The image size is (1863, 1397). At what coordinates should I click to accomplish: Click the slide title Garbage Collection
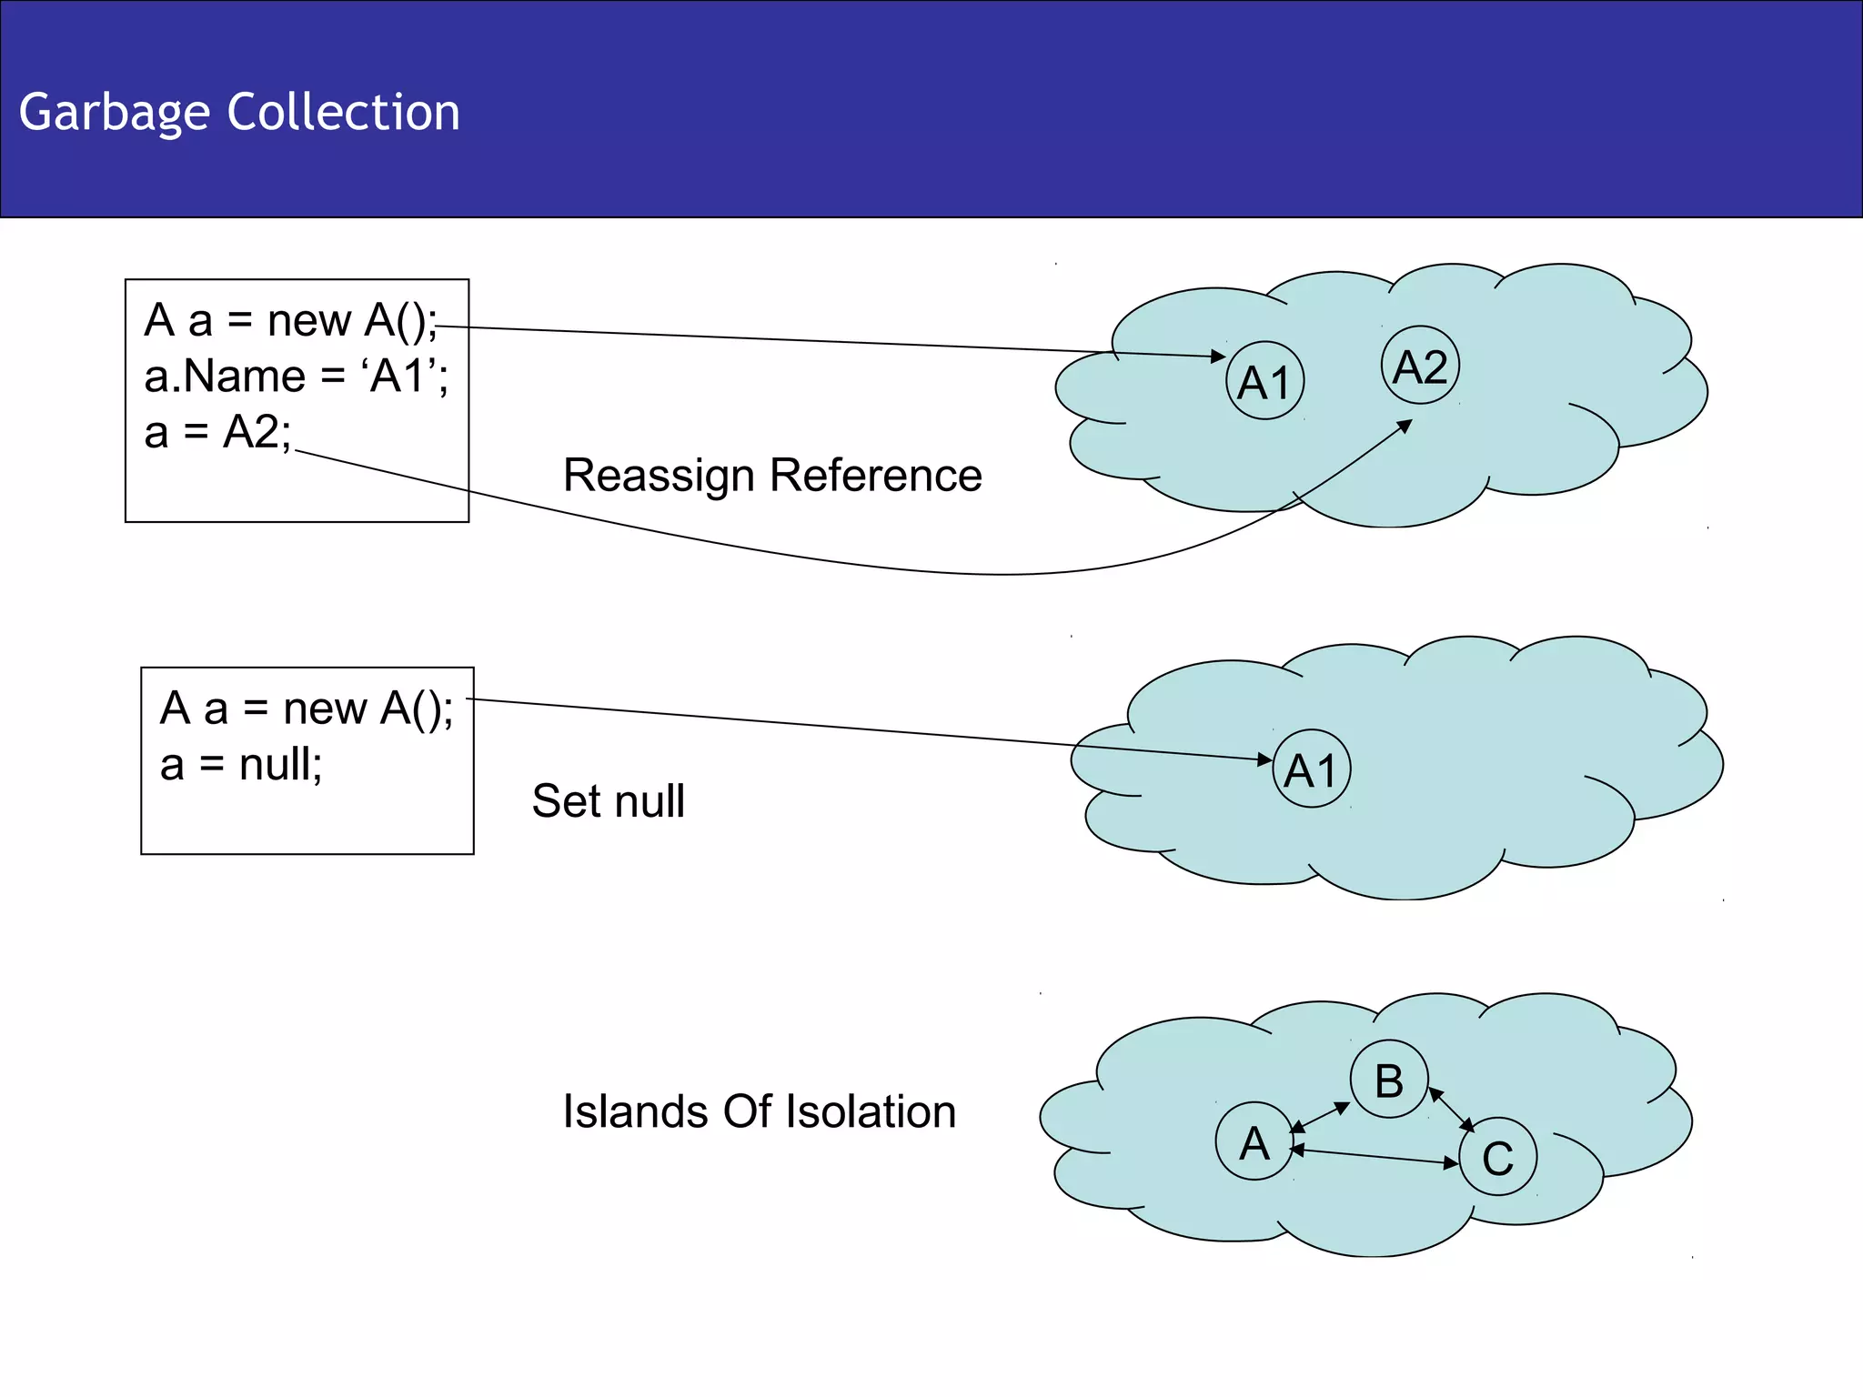coord(239,112)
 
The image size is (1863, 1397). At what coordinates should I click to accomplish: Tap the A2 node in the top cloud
coord(1420,366)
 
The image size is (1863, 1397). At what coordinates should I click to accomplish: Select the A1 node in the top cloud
coord(1264,380)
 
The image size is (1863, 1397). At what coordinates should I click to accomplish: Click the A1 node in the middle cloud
coord(1311,769)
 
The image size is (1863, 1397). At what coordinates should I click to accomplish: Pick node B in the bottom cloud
coord(1388,1080)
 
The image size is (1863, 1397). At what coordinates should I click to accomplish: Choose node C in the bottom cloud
coord(1497,1157)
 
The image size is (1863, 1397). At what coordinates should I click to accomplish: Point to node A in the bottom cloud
coord(1254,1141)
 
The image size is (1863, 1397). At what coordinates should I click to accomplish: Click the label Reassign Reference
coord(772,475)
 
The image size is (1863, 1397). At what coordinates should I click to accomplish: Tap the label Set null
coord(608,800)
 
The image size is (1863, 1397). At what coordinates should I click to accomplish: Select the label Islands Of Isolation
coord(759,1111)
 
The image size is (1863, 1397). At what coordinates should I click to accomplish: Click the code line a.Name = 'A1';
coord(296,376)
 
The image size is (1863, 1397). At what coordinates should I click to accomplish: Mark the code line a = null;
coord(241,764)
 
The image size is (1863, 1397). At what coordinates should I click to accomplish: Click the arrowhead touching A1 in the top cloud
coord(1219,357)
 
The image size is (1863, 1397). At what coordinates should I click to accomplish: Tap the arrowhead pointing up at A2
coord(1405,425)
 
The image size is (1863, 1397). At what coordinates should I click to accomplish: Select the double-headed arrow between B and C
coord(1452,1110)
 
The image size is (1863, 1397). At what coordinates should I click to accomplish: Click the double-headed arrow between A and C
coord(1374,1157)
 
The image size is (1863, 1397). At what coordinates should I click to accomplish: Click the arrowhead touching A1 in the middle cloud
coord(1264,759)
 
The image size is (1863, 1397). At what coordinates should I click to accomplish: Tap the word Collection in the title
coord(343,112)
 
